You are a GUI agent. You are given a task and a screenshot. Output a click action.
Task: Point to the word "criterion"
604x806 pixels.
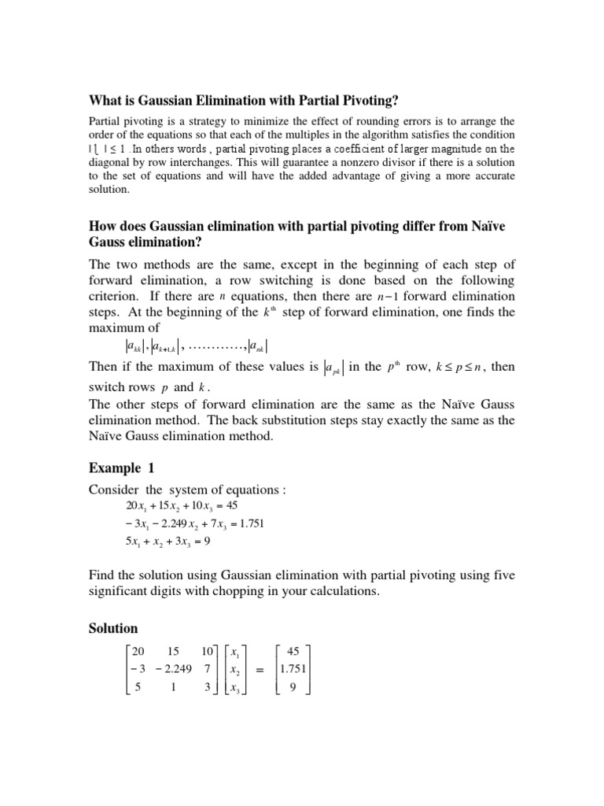tap(116, 296)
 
